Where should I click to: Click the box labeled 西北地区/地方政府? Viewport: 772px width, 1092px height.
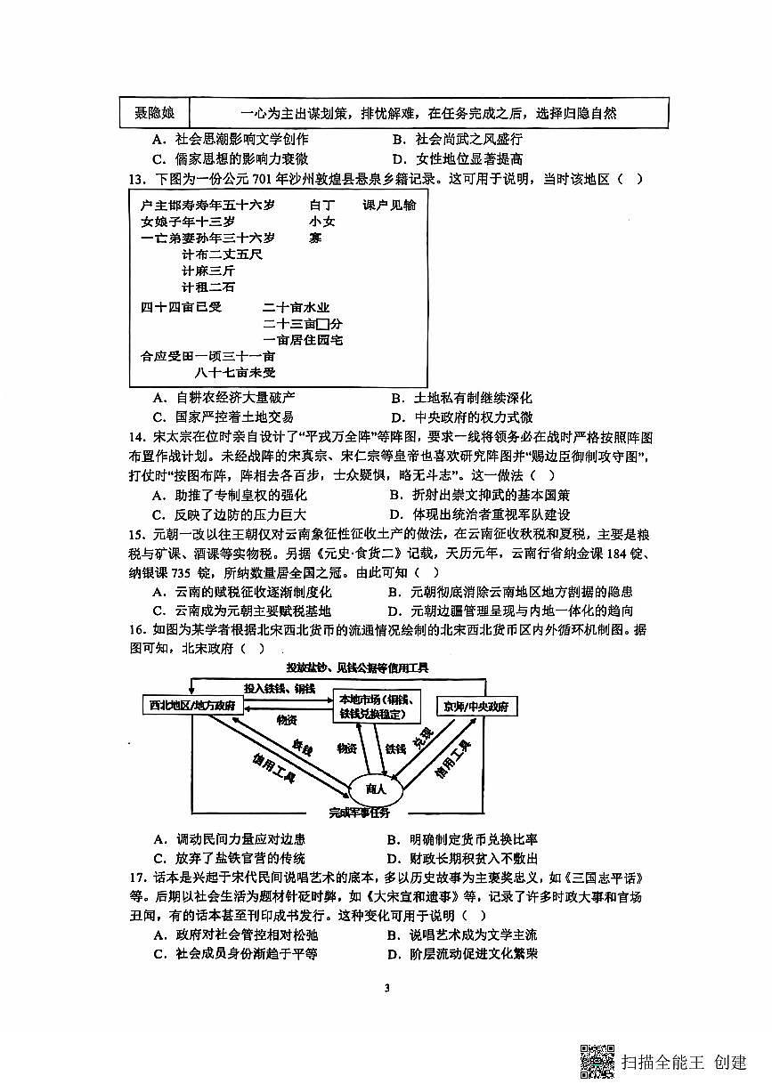coord(192,706)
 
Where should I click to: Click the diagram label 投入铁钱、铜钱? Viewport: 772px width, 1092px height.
coord(280,688)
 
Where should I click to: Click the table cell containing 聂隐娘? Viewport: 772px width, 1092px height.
coord(154,113)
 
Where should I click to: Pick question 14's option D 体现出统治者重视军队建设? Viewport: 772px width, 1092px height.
coord(479,514)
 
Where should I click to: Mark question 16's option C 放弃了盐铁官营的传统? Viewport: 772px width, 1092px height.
coord(229,858)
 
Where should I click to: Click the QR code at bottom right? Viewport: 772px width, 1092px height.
coord(597,1060)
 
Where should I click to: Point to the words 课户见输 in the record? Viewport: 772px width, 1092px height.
coord(389,205)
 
